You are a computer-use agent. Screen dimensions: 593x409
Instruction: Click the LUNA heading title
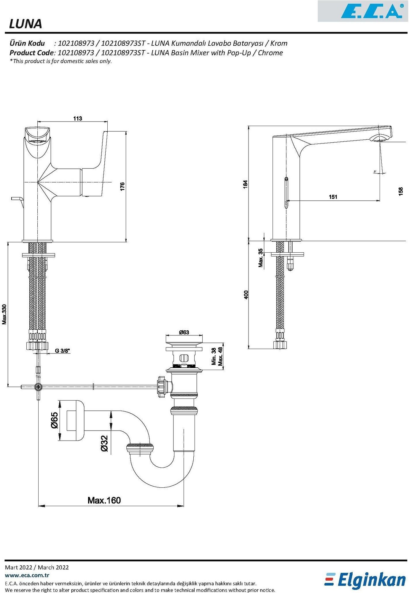click(26, 24)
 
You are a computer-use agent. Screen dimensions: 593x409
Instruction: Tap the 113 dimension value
click(77, 118)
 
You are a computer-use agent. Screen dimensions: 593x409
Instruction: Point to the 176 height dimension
click(122, 186)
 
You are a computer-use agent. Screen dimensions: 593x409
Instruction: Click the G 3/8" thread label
click(62, 351)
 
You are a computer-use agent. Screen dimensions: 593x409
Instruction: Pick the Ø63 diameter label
click(184, 332)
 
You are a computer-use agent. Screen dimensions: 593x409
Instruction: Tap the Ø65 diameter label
click(54, 420)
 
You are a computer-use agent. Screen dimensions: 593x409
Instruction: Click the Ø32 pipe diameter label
click(104, 443)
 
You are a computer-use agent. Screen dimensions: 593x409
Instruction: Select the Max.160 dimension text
click(104, 500)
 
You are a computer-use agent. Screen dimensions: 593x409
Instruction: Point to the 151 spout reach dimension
click(333, 197)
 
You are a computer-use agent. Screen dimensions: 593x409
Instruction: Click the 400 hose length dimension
click(246, 294)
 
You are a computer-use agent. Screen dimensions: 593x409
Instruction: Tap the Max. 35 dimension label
click(260, 258)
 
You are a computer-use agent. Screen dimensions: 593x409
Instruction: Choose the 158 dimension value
click(401, 191)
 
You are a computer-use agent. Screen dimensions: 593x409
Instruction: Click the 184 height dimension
click(245, 184)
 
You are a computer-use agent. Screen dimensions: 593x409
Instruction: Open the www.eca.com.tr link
click(27, 575)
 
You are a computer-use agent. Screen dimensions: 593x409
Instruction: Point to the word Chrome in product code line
click(270, 53)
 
